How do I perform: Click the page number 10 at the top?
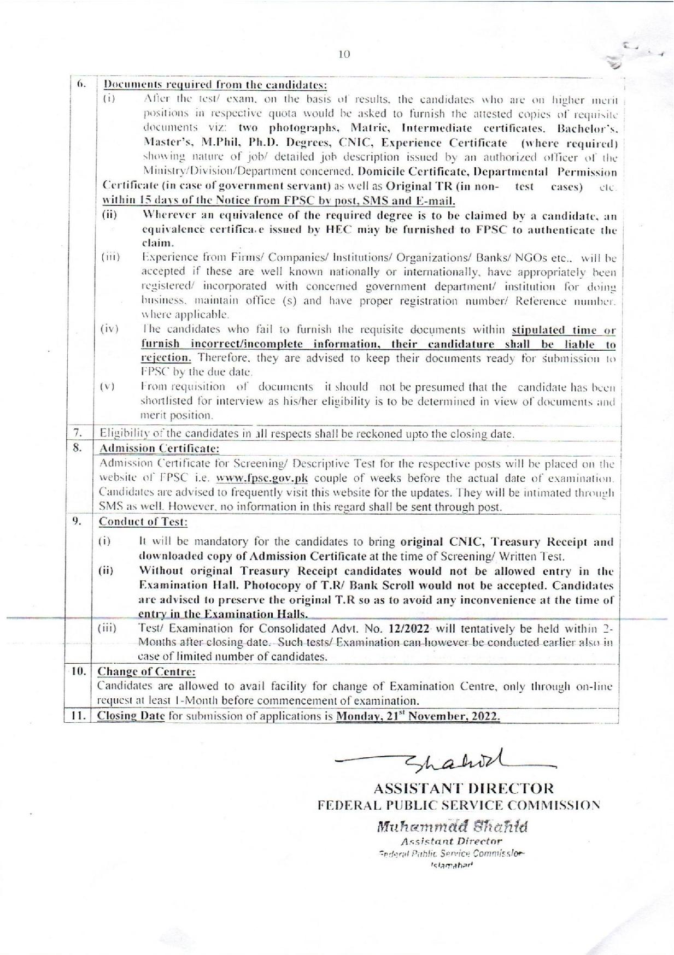(x=344, y=54)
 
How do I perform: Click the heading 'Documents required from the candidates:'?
(x=216, y=85)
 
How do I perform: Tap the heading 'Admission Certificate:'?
(x=160, y=449)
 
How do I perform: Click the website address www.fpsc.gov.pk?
(x=262, y=479)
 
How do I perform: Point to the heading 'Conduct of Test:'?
(x=143, y=522)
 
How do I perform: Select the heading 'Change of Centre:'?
(x=146, y=671)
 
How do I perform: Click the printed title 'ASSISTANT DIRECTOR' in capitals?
(x=464, y=788)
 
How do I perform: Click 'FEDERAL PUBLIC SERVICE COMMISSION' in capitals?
(x=459, y=804)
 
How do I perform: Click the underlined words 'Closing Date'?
(x=131, y=716)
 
